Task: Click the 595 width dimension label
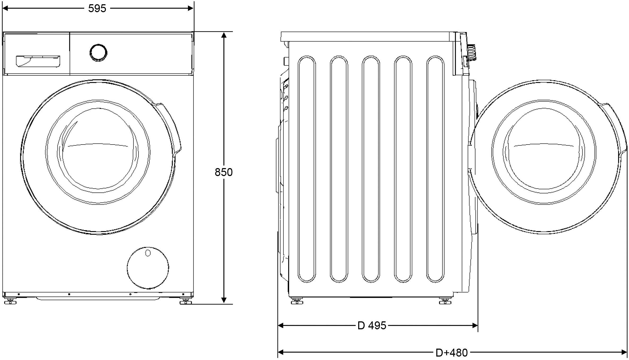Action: click(x=97, y=8)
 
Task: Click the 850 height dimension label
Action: click(x=224, y=172)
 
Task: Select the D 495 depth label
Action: click(x=372, y=326)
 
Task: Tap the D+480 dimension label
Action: click(x=452, y=353)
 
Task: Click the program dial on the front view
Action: click(x=98, y=53)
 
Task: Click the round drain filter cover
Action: click(x=148, y=268)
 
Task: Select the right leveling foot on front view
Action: click(x=186, y=301)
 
